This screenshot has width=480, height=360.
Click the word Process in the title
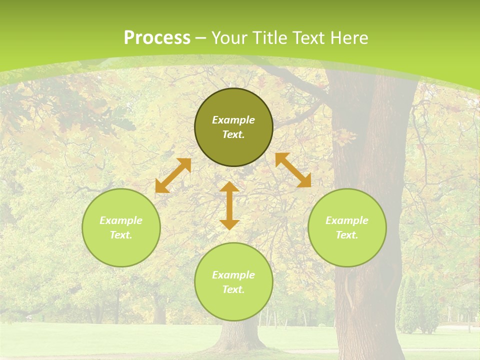pos(157,38)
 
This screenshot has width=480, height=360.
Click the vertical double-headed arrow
pos(229,206)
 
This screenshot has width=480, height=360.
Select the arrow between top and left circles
pos(173,175)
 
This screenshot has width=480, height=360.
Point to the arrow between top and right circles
pos(293,170)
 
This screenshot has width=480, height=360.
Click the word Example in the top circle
pos(233,120)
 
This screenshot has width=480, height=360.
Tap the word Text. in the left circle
pos(121,235)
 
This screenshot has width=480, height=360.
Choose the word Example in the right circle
pos(347,220)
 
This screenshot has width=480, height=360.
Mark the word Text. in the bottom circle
pos(233,289)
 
